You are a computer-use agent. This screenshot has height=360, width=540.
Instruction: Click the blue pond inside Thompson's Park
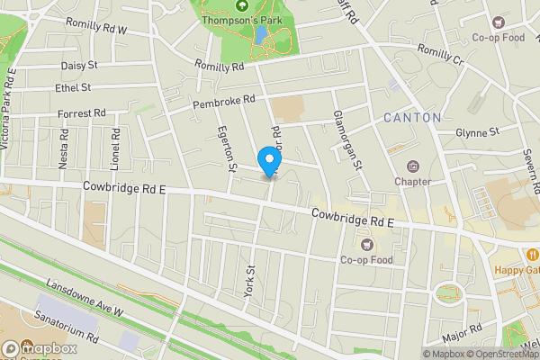260,35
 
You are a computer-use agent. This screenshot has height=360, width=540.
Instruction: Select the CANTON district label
412,118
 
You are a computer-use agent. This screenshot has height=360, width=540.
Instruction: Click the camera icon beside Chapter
413,166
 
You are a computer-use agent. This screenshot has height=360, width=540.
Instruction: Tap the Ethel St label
73,87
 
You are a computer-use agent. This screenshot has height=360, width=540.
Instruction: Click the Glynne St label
477,132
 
